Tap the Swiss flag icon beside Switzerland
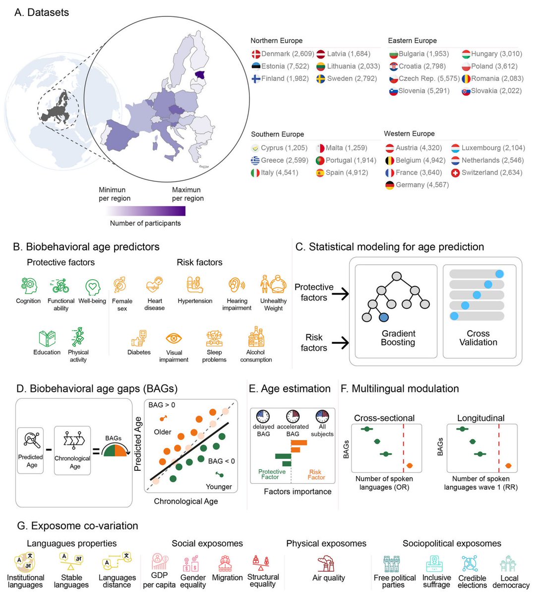[x=455, y=173]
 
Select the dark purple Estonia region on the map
[x=200, y=75]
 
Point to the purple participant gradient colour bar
[x=145, y=211]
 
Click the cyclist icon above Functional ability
[x=60, y=286]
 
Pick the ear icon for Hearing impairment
[x=237, y=285]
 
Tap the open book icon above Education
[x=47, y=338]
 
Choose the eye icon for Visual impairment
[x=174, y=338]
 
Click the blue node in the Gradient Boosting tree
[x=384, y=317]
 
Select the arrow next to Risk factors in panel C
[x=340, y=343]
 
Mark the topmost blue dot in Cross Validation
[x=499, y=274]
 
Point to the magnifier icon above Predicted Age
[x=32, y=440]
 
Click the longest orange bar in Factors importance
[x=299, y=443]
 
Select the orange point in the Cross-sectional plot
[x=410, y=465]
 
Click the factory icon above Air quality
[x=326, y=564]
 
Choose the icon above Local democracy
[x=508, y=563]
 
